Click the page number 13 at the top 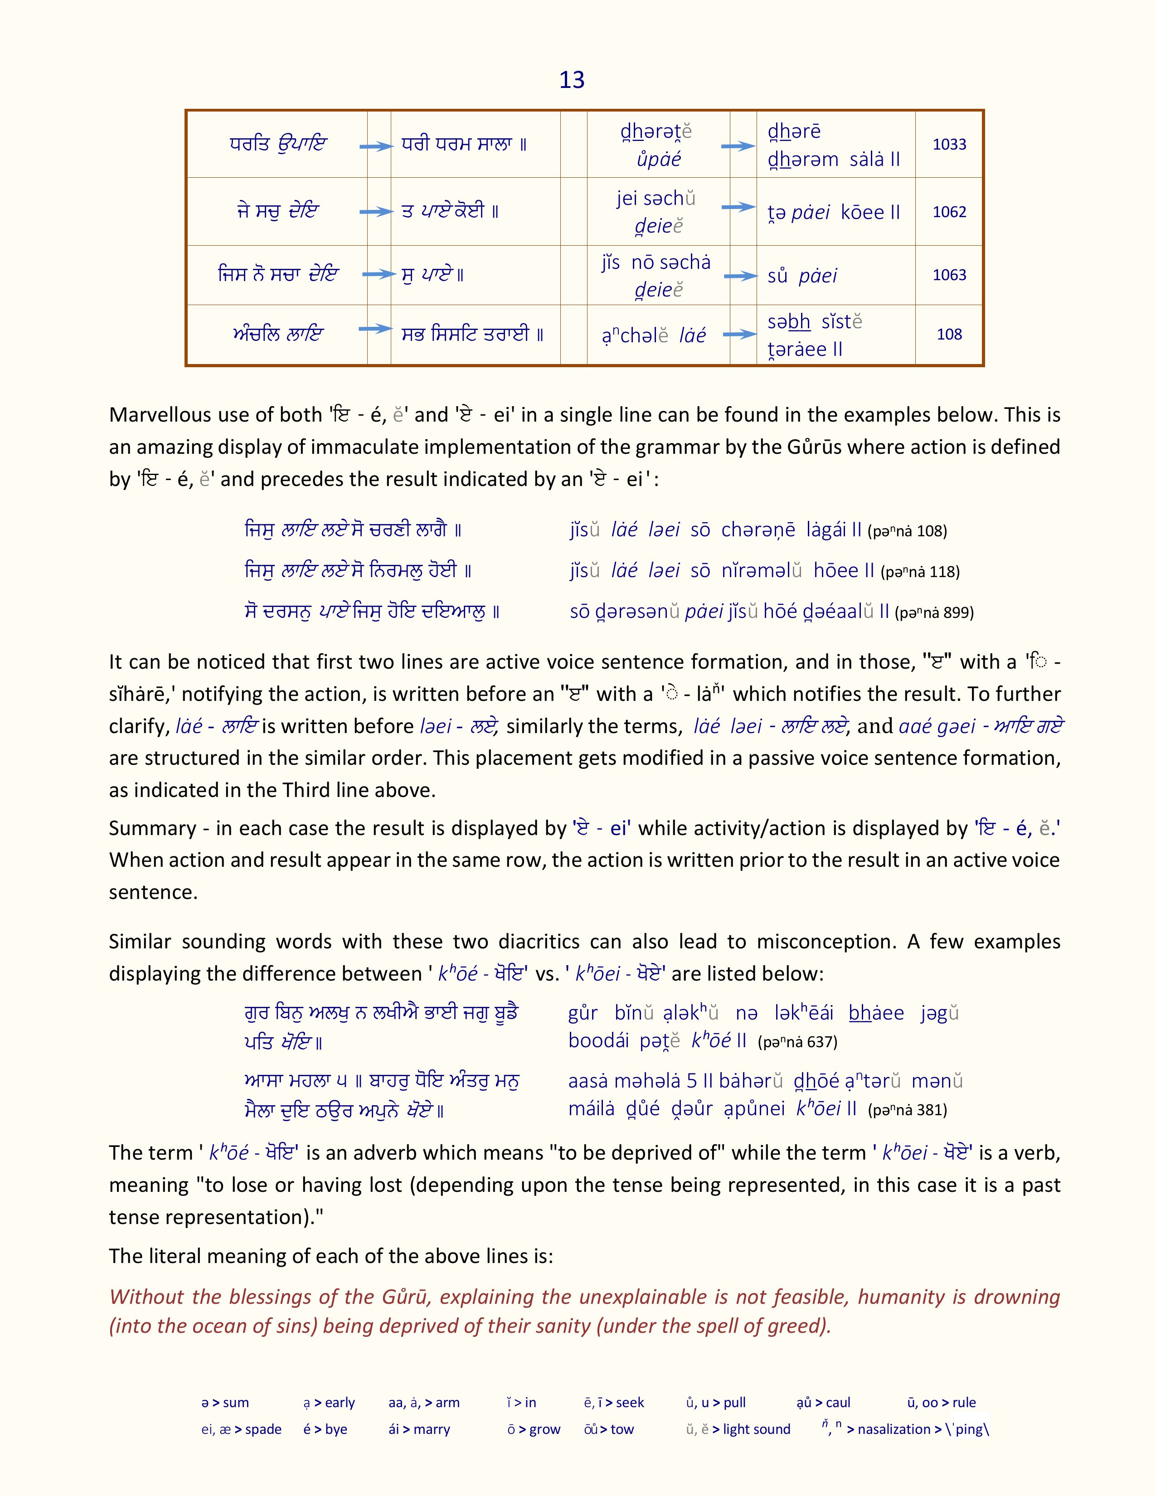pos(572,80)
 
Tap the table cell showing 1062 pos(949,212)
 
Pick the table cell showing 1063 pos(949,275)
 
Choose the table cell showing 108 pos(949,334)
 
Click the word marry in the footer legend pos(432,1429)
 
